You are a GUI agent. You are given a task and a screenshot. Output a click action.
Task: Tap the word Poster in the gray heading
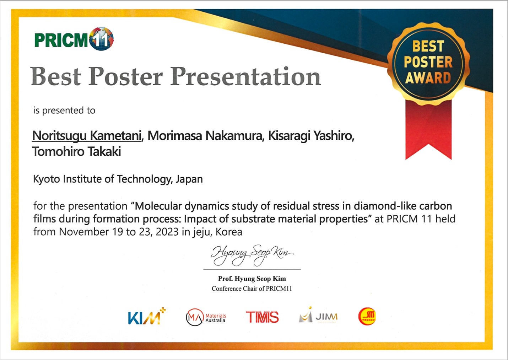coord(125,76)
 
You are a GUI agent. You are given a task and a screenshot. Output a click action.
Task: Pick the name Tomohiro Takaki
coord(77,151)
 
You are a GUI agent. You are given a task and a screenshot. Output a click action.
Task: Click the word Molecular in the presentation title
coord(158,206)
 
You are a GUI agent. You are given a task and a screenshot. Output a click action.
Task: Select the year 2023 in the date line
coord(167,232)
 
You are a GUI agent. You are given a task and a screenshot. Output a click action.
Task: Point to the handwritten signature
coord(252,255)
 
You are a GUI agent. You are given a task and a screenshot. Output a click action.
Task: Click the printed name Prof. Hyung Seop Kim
coord(252,279)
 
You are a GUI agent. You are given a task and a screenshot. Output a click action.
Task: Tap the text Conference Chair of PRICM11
coord(252,289)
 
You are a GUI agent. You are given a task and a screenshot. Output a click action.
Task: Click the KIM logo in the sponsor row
coord(147,316)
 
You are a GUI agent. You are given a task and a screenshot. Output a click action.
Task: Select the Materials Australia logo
coord(206,317)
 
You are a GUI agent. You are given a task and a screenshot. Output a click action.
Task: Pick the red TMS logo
coord(263,317)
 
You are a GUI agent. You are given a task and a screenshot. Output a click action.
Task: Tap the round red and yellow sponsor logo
coord(367,316)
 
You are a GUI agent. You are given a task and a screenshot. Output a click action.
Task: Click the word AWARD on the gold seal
coord(428,78)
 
